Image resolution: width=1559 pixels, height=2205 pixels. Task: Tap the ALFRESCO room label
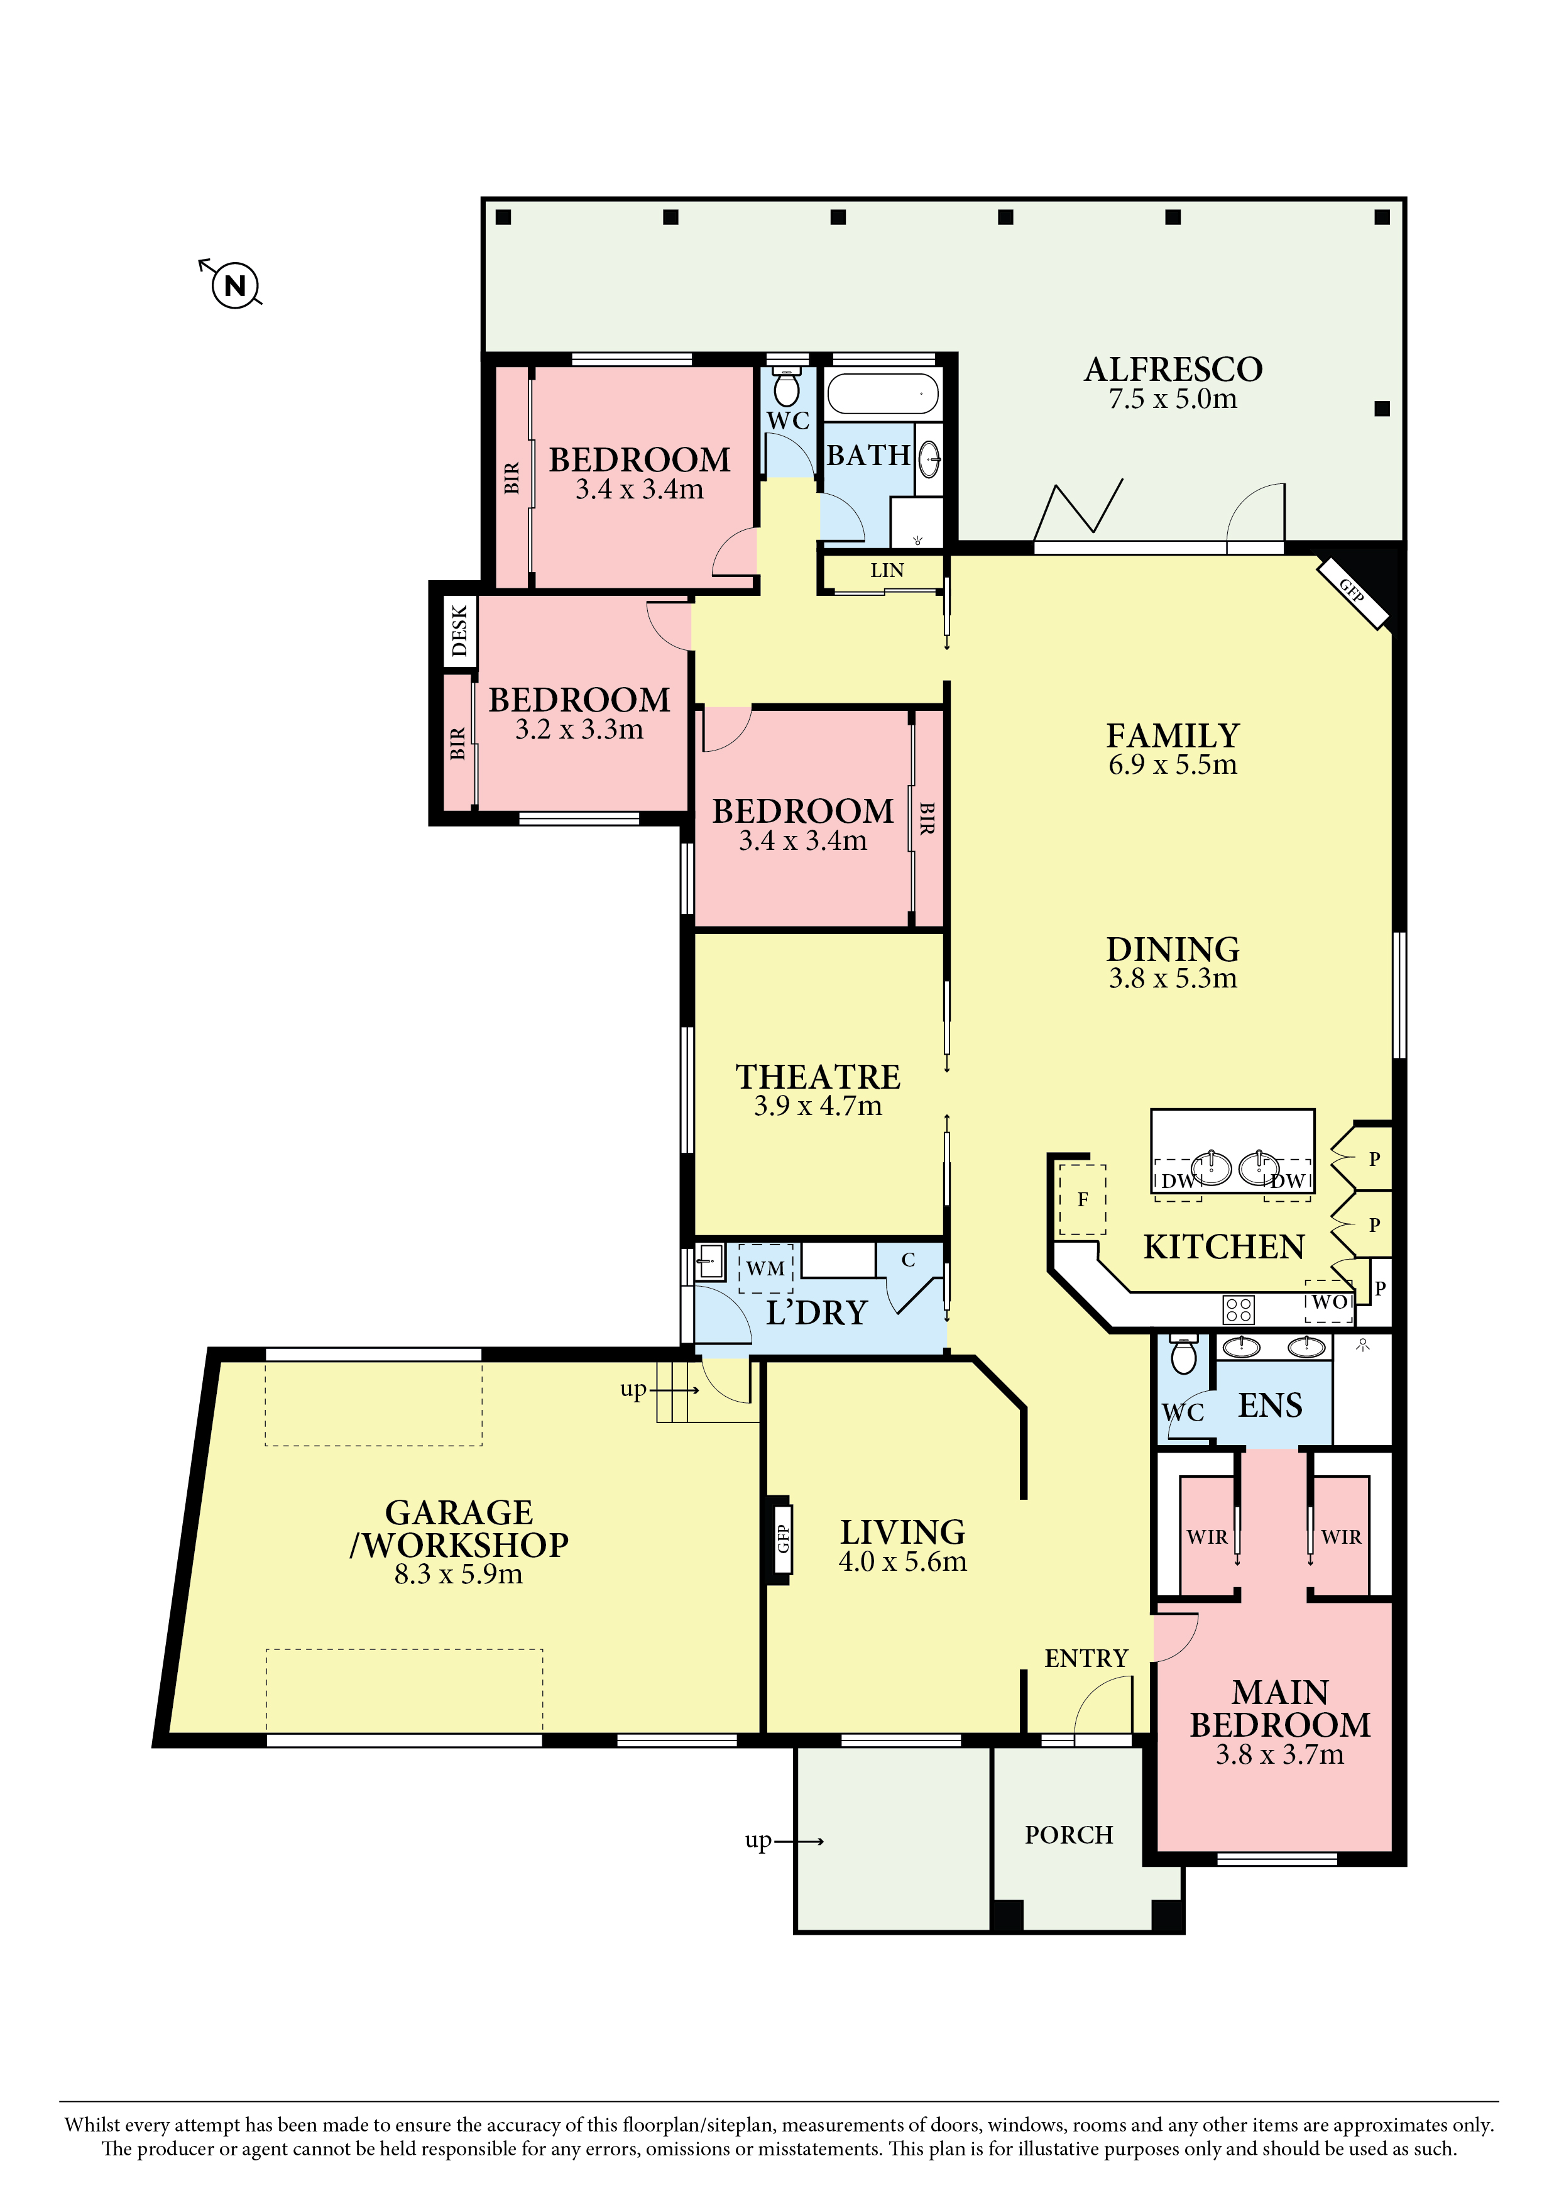coord(1173,370)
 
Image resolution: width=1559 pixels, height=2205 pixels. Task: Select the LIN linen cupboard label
coord(887,571)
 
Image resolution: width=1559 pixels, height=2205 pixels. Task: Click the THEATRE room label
coord(818,1077)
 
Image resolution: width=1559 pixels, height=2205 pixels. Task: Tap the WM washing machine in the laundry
coord(766,1268)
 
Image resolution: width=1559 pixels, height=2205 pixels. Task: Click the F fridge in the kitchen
coord(1083,1199)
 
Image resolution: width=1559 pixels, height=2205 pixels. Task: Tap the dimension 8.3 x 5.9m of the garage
coord(459,1574)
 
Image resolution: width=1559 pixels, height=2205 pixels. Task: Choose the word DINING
coord(1173,949)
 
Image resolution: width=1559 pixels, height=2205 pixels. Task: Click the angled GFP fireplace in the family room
coord(1352,591)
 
